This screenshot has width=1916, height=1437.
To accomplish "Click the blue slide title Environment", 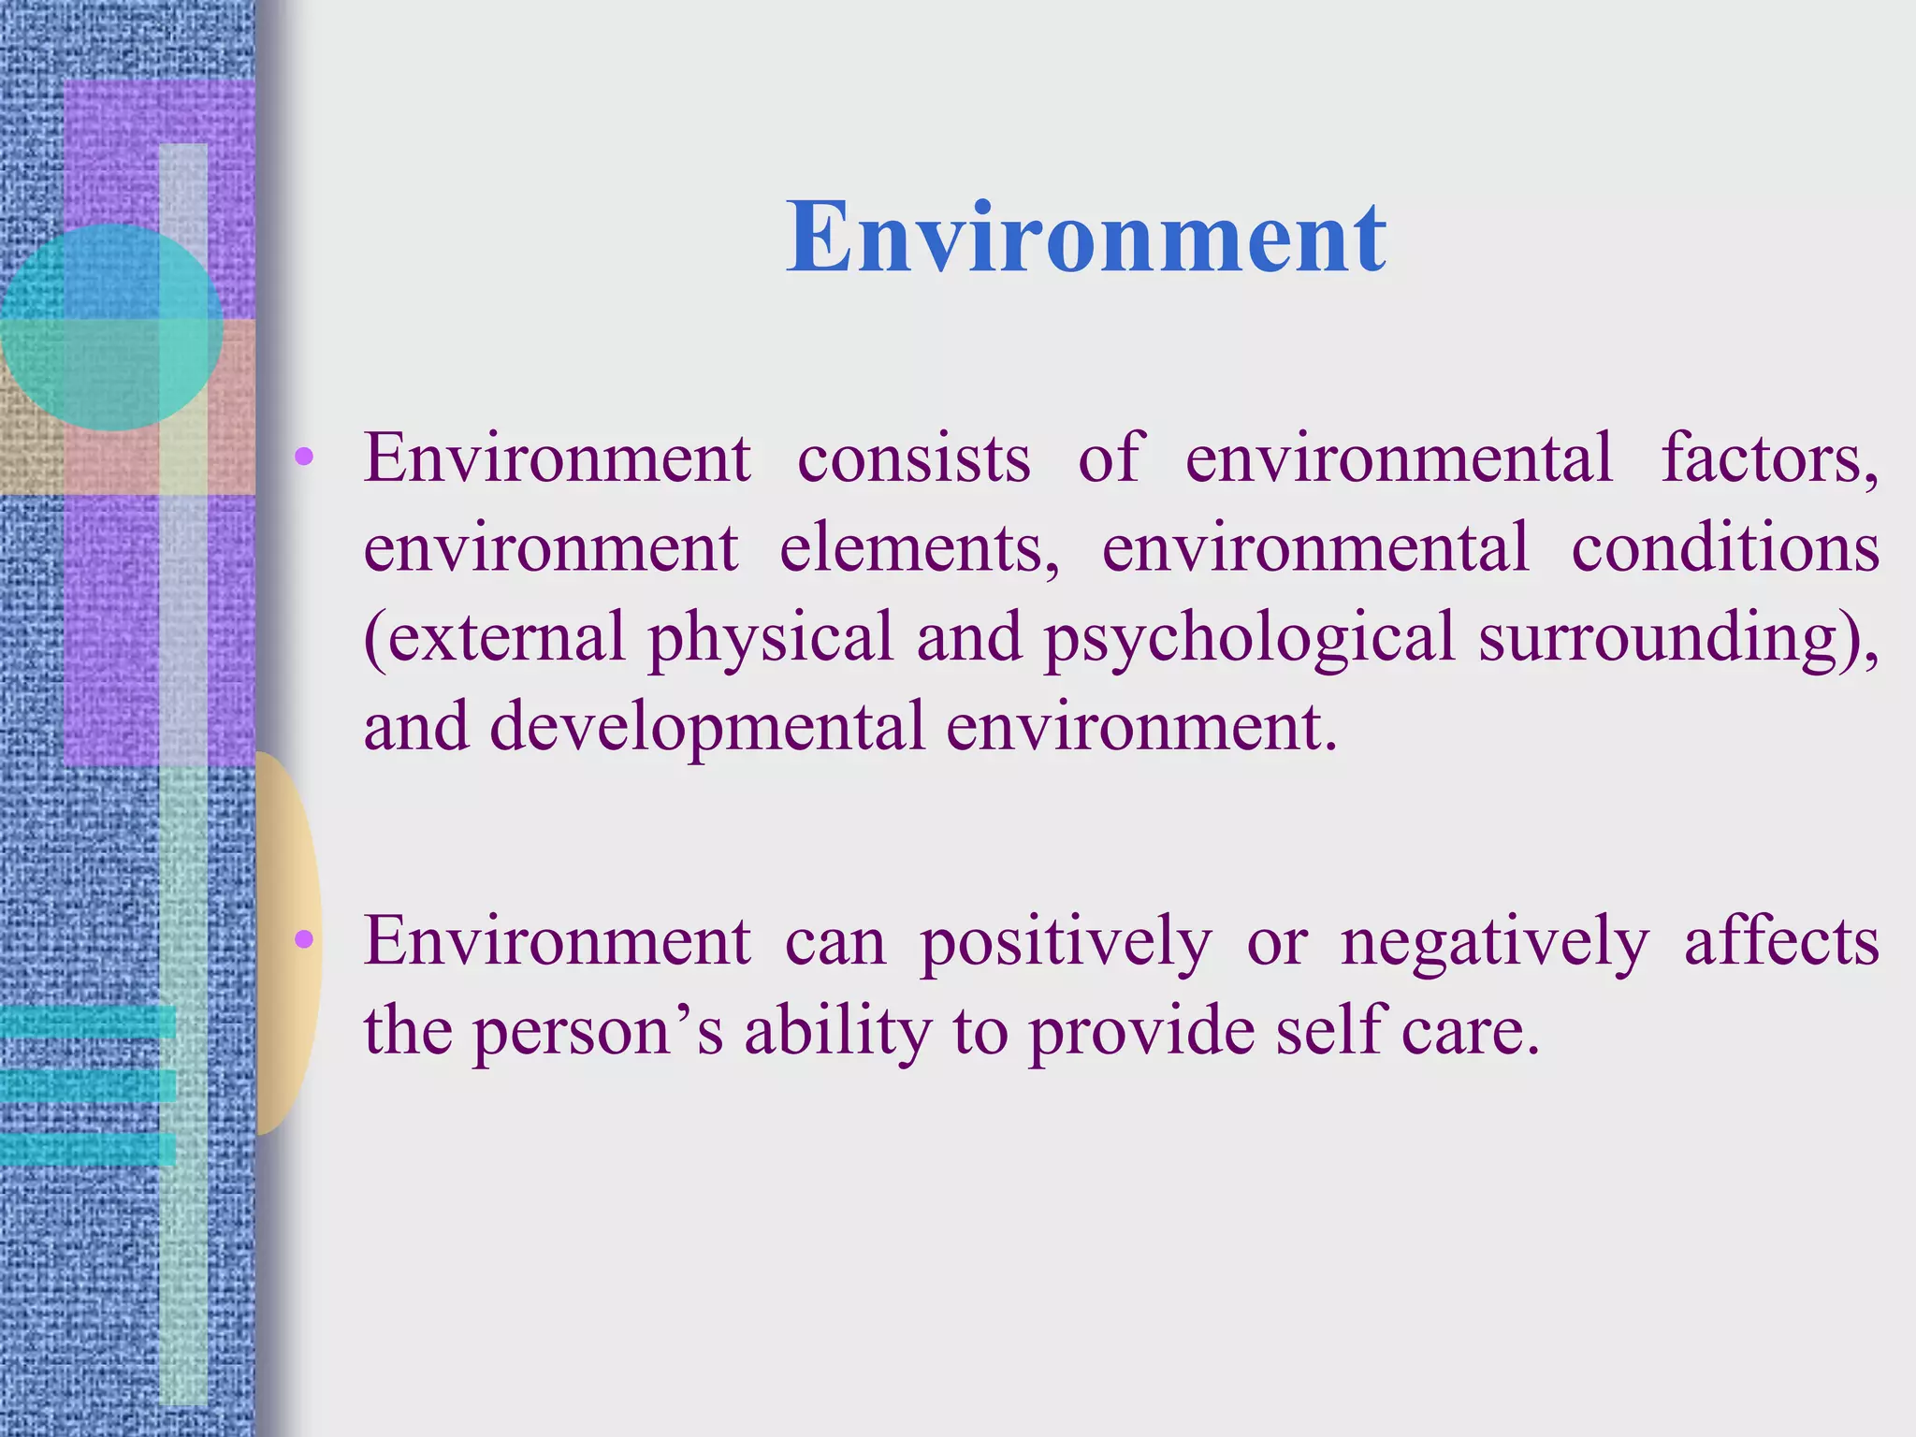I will click(x=1085, y=239).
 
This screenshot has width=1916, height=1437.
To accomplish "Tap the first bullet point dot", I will click(x=303, y=457).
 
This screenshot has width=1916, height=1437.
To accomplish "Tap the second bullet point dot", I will click(x=303, y=939).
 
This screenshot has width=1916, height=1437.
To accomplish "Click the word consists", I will click(x=913, y=458).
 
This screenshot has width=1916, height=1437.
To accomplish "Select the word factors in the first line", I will click(x=1768, y=458).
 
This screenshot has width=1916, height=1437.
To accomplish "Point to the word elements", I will click(x=919, y=548).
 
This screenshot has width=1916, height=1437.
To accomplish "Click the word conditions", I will click(x=1724, y=548).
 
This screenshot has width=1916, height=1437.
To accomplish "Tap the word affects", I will click(x=1781, y=941).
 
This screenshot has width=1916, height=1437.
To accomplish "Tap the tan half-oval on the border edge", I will click(x=288, y=943).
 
